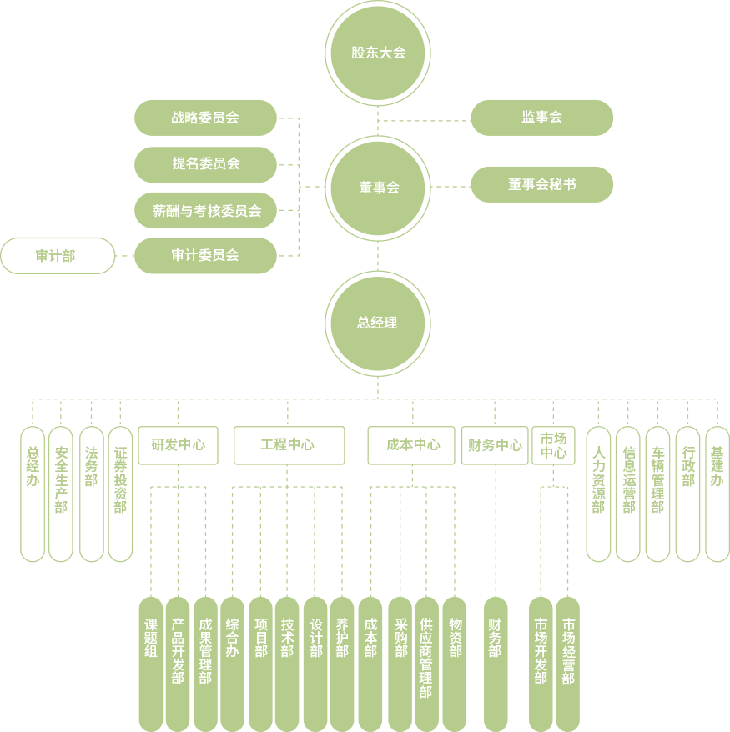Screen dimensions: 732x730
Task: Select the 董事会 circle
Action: tap(378, 188)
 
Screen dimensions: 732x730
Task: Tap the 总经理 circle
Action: tap(378, 323)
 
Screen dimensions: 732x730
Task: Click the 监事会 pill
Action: tap(541, 118)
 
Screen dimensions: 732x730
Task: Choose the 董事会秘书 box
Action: tap(541, 184)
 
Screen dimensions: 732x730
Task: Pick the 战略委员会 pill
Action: tap(205, 118)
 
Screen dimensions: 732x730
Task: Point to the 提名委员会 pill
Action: tap(205, 164)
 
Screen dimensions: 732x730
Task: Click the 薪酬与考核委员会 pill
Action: tap(205, 211)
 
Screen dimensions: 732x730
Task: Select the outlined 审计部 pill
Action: tap(57, 256)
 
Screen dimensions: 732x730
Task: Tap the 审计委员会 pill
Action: tap(205, 256)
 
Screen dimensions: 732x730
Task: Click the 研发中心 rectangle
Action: tap(178, 445)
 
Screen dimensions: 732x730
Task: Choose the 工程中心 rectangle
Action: tap(289, 445)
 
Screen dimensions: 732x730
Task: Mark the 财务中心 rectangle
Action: tap(495, 445)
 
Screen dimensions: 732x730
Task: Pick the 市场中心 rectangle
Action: tap(553, 445)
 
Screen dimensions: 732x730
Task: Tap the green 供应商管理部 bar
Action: tap(426, 664)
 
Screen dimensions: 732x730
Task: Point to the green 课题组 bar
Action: tap(151, 664)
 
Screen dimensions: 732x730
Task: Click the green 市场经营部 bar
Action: tap(567, 664)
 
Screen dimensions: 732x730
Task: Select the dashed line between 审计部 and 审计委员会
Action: tap(125, 256)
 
